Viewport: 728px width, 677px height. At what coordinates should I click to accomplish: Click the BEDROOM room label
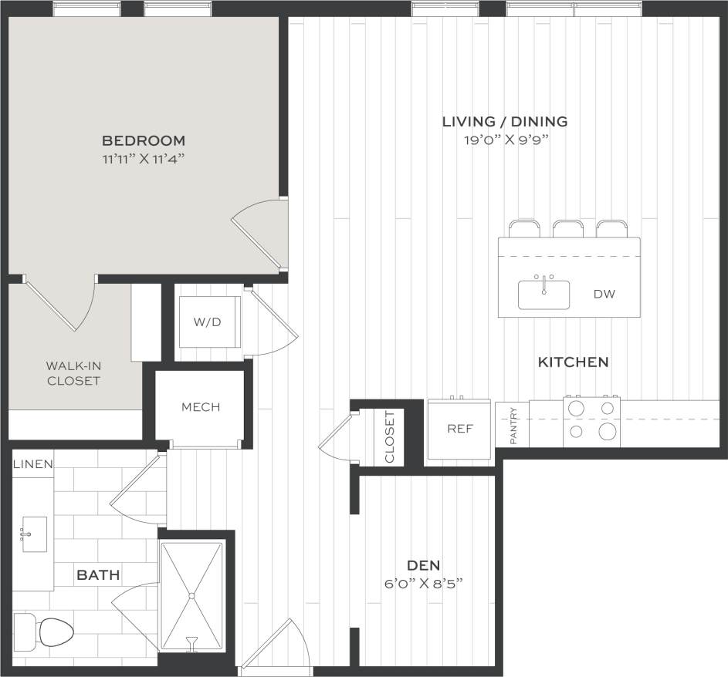(144, 141)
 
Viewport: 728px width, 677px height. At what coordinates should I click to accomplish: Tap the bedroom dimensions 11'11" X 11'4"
(144, 160)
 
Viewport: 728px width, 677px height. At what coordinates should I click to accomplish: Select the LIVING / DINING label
(505, 122)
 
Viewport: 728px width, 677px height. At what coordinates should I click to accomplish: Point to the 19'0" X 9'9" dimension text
(505, 140)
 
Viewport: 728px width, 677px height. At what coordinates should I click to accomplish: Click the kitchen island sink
(543, 295)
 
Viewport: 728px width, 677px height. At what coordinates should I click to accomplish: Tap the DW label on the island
(604, 295)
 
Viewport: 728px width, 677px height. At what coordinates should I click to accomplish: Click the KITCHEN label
(573, 362)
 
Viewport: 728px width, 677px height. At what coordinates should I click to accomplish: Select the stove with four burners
(592, 422)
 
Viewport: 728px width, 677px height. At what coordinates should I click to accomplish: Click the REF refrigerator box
(459, 429)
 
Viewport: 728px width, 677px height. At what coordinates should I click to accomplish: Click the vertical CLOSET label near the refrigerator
(389, 437)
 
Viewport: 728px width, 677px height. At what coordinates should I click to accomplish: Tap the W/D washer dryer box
(206, 322)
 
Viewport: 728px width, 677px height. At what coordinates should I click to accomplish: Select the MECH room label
(201, 407)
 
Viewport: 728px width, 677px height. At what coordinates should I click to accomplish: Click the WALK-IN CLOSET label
(73, 373)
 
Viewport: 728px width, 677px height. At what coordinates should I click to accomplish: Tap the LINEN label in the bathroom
(32, 464)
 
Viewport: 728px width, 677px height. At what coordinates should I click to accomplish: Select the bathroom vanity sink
(34, 534)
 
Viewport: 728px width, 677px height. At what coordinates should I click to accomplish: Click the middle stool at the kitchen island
(567, 229)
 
